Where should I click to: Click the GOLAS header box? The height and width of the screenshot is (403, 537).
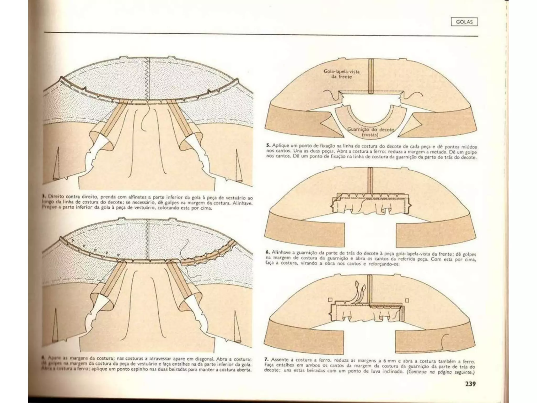pos(464,22)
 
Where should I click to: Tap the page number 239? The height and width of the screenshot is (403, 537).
pos(470,384)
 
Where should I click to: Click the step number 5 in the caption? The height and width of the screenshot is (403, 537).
pos(268,145)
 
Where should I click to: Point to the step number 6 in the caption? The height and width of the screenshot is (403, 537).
pos(268,252)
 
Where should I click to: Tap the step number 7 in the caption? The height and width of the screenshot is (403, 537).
pos(266,359)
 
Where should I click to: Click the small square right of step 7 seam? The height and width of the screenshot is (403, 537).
pos(407,300)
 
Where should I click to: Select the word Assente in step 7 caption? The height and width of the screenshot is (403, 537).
pos(280,359)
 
